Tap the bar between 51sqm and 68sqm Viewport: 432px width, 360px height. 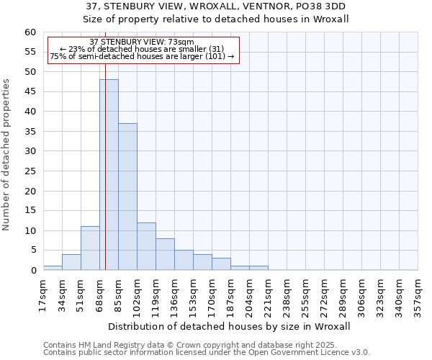point(90,248)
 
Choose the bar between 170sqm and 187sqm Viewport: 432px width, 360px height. point(221,264)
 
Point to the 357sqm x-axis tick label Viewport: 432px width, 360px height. point(418,294)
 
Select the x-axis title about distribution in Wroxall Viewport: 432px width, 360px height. point(230,326)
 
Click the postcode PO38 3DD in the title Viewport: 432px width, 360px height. point(313,6)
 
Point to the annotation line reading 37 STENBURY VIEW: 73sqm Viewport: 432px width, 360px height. point(142,42)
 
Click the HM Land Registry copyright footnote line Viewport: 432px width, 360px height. point(190,346)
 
